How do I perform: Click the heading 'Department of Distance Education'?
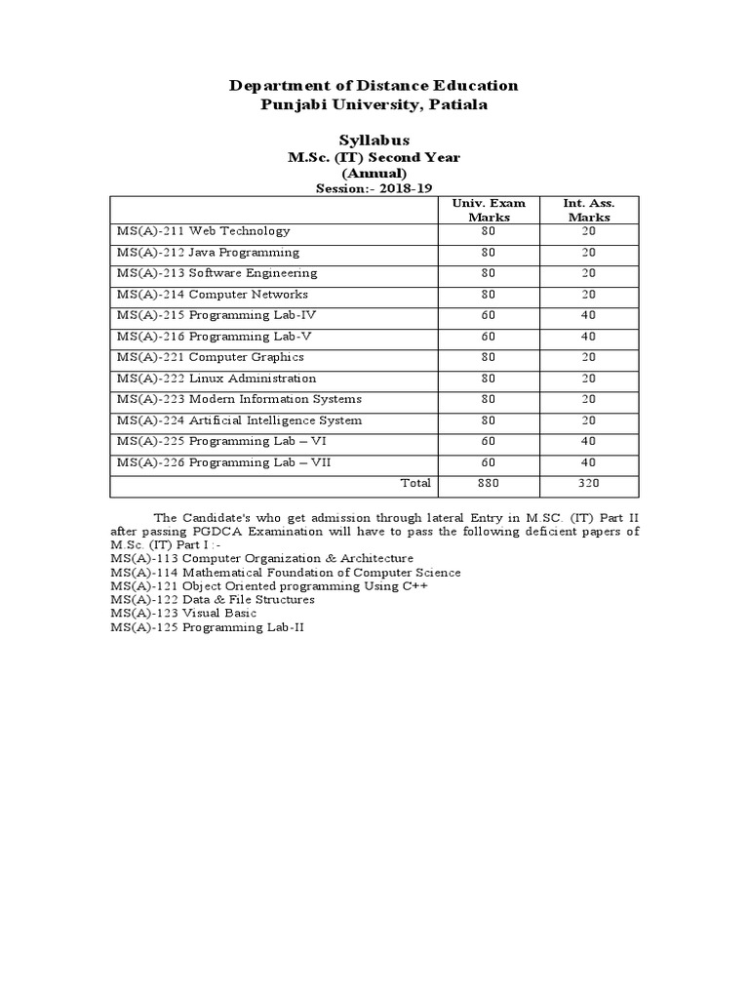pyautogui.click(x=374, y=86)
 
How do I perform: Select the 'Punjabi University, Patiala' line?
pyautogui.click(x=374, y=104)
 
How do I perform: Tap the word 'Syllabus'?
pyautogui.click(x=374, y=140)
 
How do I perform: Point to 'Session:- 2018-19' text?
pyautogui.click(x=374, y=188)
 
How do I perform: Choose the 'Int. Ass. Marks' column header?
pyautogui.click(x=588, y=210)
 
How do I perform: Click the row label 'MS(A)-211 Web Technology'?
pyautogui.click(x=203, y=231)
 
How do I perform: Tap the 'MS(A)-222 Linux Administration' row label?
pyautogui.click(x=216, y=379)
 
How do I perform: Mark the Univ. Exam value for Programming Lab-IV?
pyautogui.click(x=489, y=315)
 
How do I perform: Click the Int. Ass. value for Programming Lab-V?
pyautogui.click(x=589, y=337)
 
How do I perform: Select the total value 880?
pyautogui.click(x=489, y=483)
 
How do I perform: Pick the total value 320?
pyautogui.click(x=589, y=483)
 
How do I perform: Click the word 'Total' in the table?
pyautogui.click(x=415, y=483)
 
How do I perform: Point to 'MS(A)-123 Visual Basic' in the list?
pyautogui.click(x=184, y=614)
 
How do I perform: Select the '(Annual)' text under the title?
pyautogui.click(x=374, y=173)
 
